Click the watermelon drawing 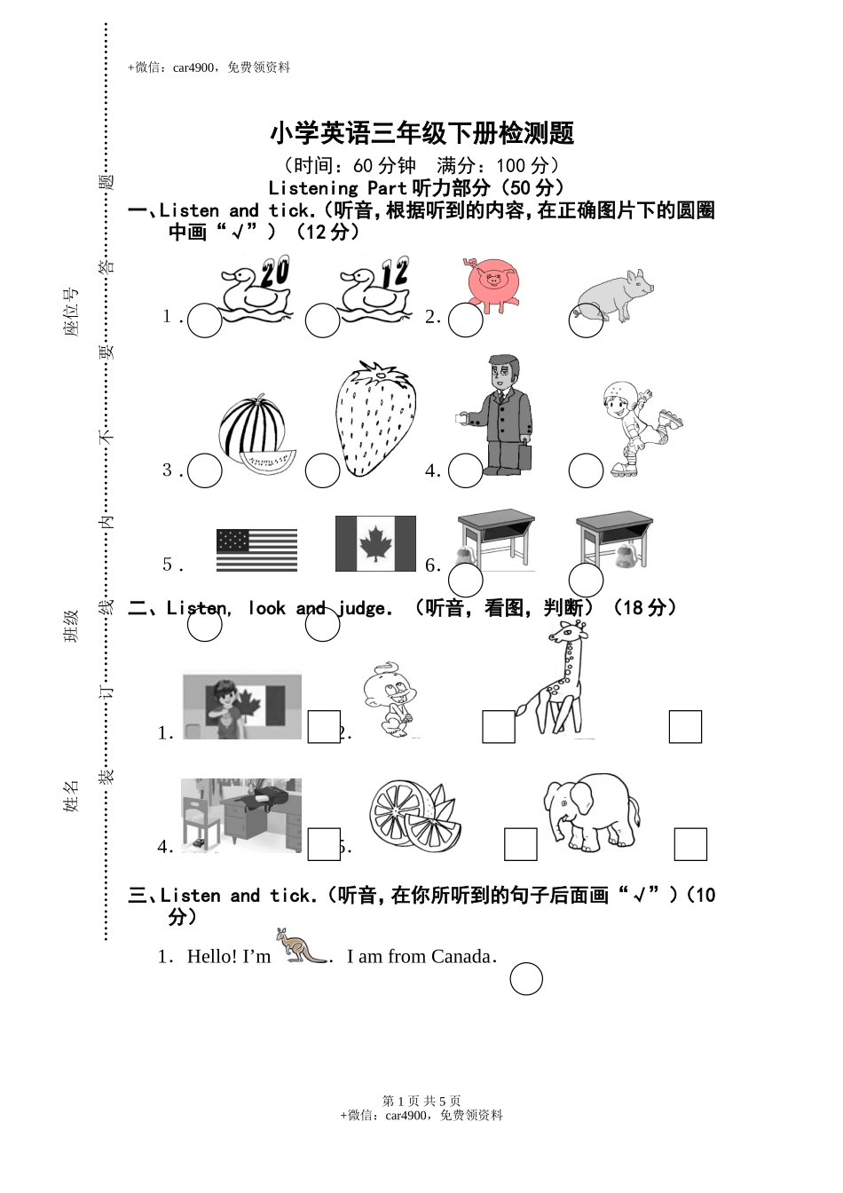pyautogui.click(x=255, y=431)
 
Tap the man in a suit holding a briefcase pyautogui.click(x=500, y=415)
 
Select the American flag pyautogui.click(x=256, y=550)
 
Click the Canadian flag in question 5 pyautogui.click(x=375, y=543)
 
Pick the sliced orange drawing pyautogui.click(x=414, y=815)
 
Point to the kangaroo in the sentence pyautogui.click(x=302, y=946)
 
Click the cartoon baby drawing pyautogui.click(x=390, y=699)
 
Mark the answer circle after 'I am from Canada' pyautogui.click(x=526, y=979)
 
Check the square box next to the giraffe pyautogui.click(x=685, y=726)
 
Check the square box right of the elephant pyautogui.click(x=690, y=844)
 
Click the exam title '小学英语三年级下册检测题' pyautogui.click(x=421, y=134)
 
